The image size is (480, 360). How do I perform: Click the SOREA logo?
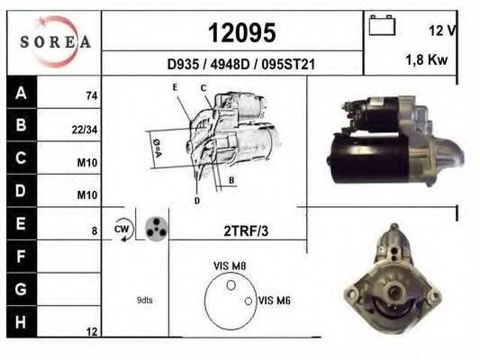point(56,41)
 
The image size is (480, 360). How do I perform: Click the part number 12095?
point(242,32)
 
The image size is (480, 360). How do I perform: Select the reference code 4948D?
point(230,65)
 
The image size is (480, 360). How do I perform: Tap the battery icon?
point(382,25)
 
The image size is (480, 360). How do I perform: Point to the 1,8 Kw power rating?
point(427,59)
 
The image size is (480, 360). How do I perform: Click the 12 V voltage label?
point(442,31)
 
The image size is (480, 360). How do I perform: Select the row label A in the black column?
point(21,92)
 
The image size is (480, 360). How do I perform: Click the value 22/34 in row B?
point(85,130)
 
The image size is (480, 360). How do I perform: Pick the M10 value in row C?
point(87,163)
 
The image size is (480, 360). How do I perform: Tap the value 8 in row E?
point(95,230)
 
